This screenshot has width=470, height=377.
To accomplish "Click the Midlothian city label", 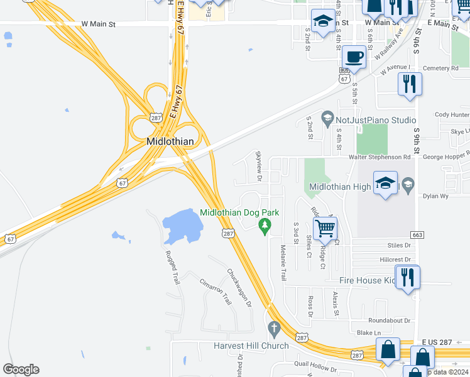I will click(170, 141).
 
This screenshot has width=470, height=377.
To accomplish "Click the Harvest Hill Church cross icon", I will click(273, 328).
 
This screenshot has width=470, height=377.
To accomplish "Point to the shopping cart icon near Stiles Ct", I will click(325, 229).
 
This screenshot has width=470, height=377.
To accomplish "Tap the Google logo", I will click(21, 369).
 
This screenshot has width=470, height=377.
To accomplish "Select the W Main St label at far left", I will click(99, 23).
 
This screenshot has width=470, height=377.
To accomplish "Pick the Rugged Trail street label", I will click(172, 268).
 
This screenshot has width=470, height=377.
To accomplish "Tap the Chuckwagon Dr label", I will click(239, 288).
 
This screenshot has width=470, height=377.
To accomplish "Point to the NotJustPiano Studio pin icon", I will click(327, 117).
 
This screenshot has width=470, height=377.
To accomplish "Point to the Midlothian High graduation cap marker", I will click(385, 183).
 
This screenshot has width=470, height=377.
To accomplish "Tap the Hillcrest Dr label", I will click(395, 259).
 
